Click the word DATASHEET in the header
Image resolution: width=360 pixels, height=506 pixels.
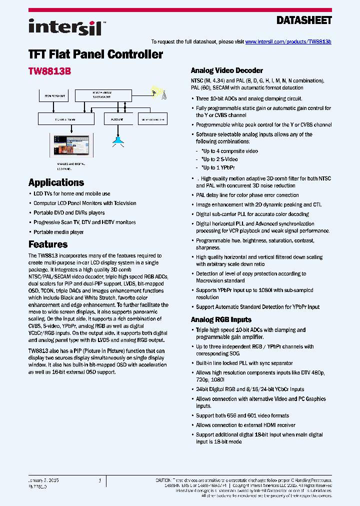click(304, 20)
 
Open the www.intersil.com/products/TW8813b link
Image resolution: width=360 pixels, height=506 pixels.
click(288, 42)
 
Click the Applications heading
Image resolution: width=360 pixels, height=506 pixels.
click(56, 182)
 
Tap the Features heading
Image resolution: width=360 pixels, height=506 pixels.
click(48, 244)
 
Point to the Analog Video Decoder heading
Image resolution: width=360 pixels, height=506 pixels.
click(227, 70)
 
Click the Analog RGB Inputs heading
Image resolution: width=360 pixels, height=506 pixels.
click(221, 319)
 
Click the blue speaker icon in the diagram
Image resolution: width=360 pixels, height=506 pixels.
click(118, 141)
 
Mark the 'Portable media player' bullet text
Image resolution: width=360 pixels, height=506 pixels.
click(58, 232)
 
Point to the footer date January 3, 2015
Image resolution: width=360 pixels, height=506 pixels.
click(44, 480)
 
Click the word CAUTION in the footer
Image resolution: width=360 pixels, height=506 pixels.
click(164, 480)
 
